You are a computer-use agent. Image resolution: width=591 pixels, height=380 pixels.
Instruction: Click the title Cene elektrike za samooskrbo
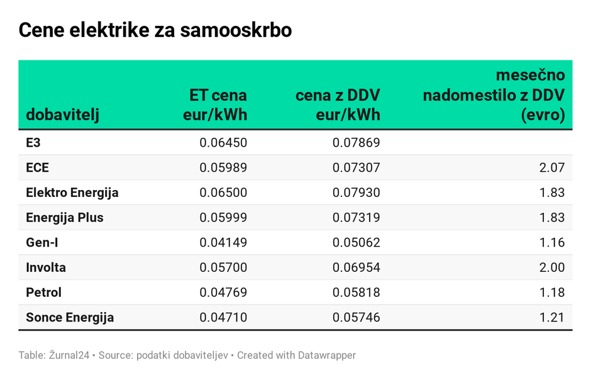tap(155, 30)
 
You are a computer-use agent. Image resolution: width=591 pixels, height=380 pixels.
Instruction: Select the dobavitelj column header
tap(62, 115)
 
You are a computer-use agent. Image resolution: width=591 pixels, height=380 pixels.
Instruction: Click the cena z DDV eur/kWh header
tap(338, 105)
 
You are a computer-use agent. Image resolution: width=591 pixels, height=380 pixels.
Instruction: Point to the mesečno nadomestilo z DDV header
tap(494, 95)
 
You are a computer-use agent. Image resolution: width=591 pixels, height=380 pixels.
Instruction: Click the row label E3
tap(33, 143)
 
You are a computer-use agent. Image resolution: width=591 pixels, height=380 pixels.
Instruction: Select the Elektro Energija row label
tap(72, 193)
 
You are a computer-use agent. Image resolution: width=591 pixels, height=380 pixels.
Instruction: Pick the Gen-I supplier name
tap(42, 242)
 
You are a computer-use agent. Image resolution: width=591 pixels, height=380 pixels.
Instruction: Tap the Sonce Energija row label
tap(70, 317)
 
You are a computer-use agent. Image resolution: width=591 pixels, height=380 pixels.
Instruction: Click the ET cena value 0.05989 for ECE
tap(223, 167)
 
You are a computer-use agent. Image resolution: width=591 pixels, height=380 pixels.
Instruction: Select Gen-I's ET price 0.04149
tap(223, 242)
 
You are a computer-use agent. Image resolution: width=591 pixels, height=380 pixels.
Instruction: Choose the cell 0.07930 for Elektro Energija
tap(356, 193)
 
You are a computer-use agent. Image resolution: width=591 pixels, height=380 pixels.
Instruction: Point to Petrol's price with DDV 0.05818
tap(356, 293)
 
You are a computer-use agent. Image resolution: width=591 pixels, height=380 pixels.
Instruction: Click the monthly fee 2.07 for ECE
tap(552, 167)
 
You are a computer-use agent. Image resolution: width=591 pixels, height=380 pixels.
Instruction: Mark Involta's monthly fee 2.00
tap(552, 267)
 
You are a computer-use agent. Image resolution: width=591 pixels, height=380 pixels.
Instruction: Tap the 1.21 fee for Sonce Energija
tap(552, 317)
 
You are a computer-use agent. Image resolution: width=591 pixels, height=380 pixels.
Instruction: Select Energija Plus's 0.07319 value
tap(356, 218)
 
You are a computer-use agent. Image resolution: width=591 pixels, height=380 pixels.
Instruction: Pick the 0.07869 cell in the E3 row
tap(356, 143)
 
